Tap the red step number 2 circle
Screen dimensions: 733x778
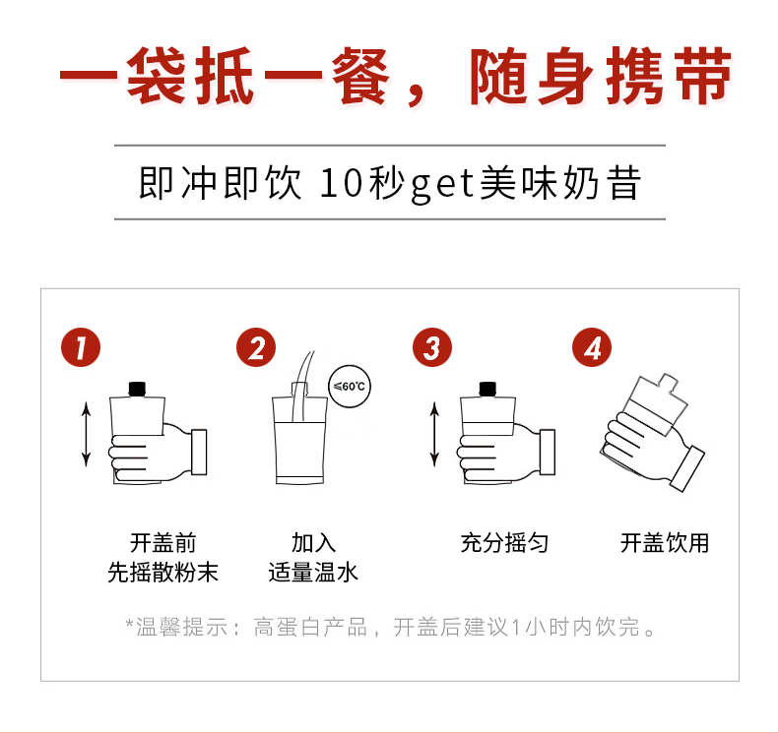click(256, 346)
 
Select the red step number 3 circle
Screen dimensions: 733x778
click(431, 346)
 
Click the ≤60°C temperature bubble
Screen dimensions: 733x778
click(350, 387)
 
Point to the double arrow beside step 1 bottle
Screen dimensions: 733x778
click(87, 433)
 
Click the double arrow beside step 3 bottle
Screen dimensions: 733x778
click(434, 433)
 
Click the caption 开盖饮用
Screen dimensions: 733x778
click(664, 543)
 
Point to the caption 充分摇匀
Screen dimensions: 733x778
click(504, 543)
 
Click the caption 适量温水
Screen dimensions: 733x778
click(313, 572)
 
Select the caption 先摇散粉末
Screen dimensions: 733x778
click(162, 572)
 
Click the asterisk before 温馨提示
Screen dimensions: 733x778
click(129, 624)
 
